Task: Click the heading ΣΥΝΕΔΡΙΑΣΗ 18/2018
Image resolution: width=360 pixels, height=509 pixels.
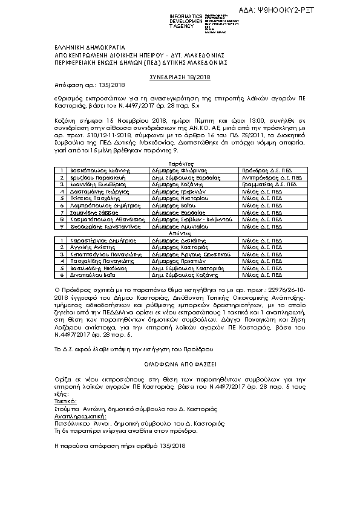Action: point(180,78)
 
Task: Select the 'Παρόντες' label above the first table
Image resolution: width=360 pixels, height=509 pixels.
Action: point(180,164)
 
